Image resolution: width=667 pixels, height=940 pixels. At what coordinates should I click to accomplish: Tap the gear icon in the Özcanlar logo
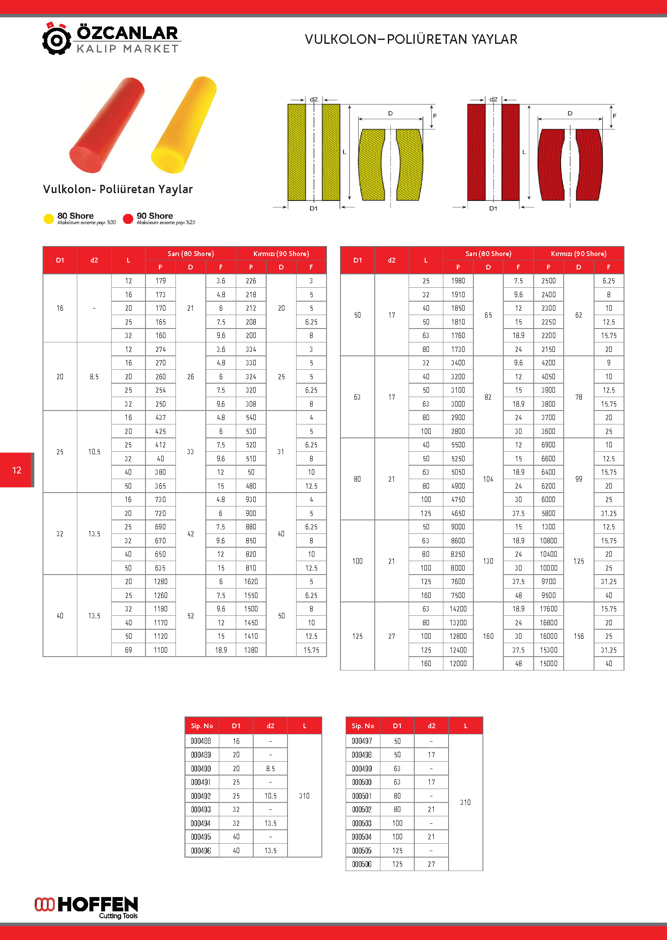(x=56, y=39)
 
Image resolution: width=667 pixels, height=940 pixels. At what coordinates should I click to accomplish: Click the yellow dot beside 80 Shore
(x=49, y=219)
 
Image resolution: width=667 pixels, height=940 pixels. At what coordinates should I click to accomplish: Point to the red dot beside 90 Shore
(x=128, y=219)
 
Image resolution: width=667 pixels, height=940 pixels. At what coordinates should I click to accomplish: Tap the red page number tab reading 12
(x=17, y=470)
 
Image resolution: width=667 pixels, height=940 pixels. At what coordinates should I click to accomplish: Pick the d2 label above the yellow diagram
(x=314, y=99)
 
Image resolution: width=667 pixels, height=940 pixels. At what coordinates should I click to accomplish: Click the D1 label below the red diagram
(x=493, y=208)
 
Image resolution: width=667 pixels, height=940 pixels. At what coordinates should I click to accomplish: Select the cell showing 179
(x=160, y=281)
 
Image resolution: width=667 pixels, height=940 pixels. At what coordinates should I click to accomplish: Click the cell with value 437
(x=160, y=417)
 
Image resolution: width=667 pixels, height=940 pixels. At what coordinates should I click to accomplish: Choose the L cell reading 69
(x=128, y=650)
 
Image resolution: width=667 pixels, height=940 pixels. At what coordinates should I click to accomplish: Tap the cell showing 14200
(x=458, y=609)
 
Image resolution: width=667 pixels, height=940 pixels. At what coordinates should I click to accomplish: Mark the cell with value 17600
(x=548, y=609)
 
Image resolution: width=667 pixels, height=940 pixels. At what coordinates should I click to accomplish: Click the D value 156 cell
(x=578, y=636)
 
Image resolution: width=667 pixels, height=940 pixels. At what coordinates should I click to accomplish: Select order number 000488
(x=201, y=741)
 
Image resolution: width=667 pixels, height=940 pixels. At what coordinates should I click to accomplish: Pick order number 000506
(x=362, y=864)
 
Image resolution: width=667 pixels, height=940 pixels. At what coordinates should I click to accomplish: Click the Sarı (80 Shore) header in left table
(x=191, y=253)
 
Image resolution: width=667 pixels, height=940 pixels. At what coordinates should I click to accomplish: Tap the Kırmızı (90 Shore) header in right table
(x=578, y=253)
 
